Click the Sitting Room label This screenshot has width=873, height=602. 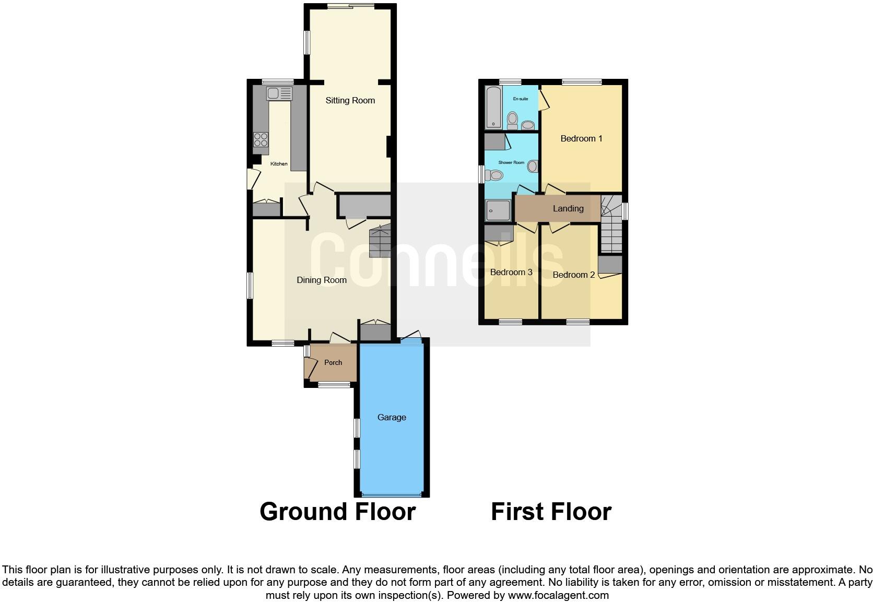[350, 100]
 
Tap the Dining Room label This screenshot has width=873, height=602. [322, 280]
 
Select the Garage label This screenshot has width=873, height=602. [392, 417]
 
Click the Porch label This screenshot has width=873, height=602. [333, 362]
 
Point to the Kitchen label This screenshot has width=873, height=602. [279, 164]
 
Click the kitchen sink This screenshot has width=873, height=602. [279, 93]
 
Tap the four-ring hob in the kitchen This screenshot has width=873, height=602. [261, 139]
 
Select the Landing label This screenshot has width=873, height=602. [568, 208]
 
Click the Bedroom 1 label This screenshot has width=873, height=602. [581, 138]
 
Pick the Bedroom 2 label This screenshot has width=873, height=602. [573, 275]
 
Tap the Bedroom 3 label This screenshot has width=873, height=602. [511, 272]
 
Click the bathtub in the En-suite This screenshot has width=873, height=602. [493, 108]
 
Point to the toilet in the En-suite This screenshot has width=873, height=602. [513, 120]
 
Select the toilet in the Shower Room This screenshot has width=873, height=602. [494, 175]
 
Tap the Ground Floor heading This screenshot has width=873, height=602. [337, 512]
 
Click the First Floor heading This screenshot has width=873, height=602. [551, 512]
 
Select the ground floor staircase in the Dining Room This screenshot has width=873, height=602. [380, 241]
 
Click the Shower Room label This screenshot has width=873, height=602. [511, 162]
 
